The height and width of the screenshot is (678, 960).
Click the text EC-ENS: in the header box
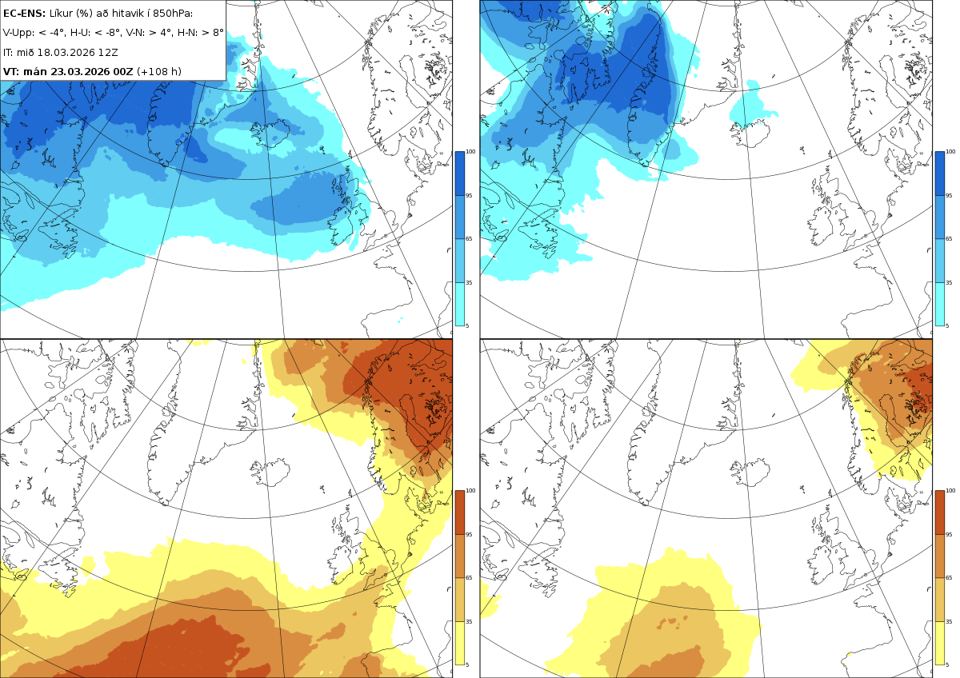click(24, 14)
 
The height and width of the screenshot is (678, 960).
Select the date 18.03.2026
click(66, 53)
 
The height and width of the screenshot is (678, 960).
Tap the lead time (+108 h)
click(159, 71)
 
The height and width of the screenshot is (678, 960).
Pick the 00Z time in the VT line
click(123, 71)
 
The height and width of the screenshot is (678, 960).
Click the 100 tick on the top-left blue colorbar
click(470, 152)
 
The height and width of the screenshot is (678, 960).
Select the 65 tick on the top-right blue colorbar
click(949, 238)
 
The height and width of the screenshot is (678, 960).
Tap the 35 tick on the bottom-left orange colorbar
click(469, 621)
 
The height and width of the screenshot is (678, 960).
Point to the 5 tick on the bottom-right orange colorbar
click(947, 664)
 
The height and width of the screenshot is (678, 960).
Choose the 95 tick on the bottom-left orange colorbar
click(469, 535)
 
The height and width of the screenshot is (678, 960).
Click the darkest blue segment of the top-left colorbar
click(459, 173)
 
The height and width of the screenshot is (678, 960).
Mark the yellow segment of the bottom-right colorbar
click(939, 643)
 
